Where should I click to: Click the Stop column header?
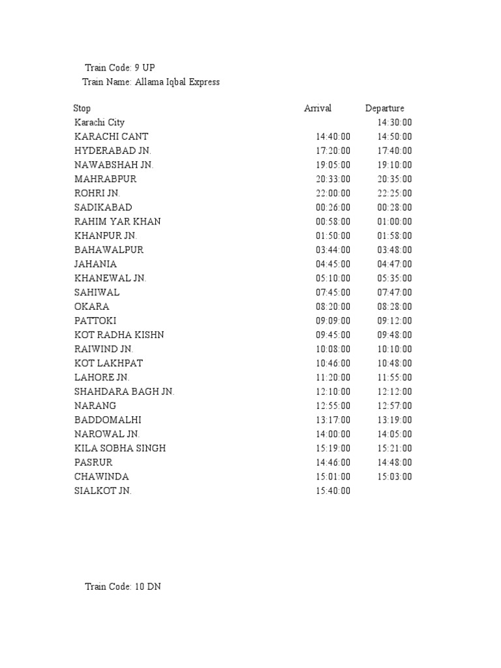pos(82,108)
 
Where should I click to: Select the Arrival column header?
pos(318,108)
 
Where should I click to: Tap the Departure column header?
pos(385,108)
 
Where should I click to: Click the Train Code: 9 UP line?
pos(120,68)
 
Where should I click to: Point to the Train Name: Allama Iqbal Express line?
pos(151,82)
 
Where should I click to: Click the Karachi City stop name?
pos(99,123)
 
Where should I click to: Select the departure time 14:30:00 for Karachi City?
pos(395,123)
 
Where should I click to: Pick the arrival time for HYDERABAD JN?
pos(333,151)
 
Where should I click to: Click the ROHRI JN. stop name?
pos(97,193)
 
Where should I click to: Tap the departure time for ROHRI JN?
pos(395,193)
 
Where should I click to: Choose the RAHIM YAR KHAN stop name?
pos(117,222)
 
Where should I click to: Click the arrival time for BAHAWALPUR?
pos(333,250)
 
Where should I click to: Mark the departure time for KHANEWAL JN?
pos(395,279)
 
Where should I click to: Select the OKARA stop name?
pos(92,307)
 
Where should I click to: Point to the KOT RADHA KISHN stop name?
pos(119,335)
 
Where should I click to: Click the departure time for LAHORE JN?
pos(395,378)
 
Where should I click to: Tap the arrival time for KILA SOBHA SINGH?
pos(333,448)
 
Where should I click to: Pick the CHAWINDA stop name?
pos(101,477)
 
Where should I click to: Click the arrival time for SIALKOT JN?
pos(333,491)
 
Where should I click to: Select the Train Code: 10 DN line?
pos(123,586)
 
